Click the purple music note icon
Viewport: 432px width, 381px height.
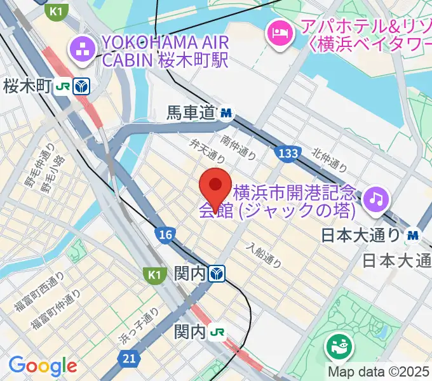coord(377,199)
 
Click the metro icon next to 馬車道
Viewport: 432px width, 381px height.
coord(226,114)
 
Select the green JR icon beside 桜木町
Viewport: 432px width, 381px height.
coord(62,86)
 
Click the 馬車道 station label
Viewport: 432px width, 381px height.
coord(191,114)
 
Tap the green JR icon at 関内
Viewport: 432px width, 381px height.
coord(218,331)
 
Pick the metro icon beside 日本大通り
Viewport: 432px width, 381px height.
coord(414,234)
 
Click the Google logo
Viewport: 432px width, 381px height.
coord(43,365)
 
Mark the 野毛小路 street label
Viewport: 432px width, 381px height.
coord(49,178)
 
